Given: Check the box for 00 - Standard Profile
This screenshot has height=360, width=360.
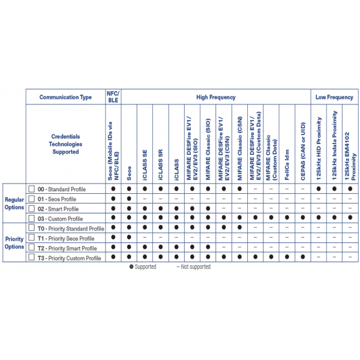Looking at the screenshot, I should [32, 189].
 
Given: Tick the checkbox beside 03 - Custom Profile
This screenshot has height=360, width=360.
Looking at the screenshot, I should [32, 218].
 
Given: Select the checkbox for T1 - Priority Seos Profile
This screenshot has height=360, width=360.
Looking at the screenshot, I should [32, 238].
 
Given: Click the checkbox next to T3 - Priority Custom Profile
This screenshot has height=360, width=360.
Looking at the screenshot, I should [32, 258].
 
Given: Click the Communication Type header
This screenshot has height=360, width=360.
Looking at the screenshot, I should [65, 97].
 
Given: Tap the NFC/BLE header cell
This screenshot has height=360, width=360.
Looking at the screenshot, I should [113, 97].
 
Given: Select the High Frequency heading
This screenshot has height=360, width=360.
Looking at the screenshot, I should [215, 97].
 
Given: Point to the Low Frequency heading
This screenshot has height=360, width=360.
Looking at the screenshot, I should [334, 97].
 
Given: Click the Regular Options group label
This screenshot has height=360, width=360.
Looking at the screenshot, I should [14, 203].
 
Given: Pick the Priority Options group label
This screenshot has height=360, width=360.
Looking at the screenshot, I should [14, 243].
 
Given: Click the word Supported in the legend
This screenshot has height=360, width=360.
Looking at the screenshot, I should [145, 267].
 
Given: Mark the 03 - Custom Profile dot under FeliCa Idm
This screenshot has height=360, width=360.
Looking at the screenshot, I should [287, 218].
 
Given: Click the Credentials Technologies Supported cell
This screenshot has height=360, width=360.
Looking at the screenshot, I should [65, 145].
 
